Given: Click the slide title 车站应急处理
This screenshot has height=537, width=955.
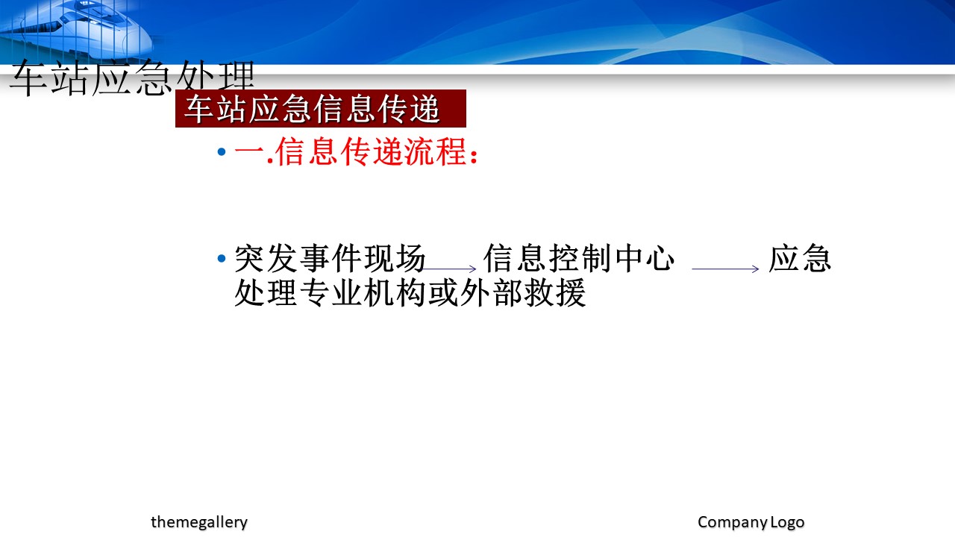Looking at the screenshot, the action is point(132,78).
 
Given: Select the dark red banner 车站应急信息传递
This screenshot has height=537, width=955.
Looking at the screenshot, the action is point(321,108).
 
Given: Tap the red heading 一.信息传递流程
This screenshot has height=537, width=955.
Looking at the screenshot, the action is point(356,151).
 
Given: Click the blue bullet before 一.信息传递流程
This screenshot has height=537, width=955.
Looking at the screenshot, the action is point(222,151).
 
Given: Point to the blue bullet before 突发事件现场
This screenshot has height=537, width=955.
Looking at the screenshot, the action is point(222,258).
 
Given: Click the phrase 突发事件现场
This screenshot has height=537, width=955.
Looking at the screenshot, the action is point(330,258).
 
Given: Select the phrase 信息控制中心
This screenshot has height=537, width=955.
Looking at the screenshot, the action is point(579,258).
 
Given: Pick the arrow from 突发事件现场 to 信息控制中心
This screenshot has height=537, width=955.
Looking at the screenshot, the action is point(449,268).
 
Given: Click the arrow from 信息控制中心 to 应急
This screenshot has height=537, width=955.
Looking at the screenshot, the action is point(725,268).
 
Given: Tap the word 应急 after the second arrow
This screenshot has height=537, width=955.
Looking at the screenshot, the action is point(800,258).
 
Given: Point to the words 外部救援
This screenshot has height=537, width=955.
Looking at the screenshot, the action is point(523,293).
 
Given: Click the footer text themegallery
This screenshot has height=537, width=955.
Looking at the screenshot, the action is point(199,522).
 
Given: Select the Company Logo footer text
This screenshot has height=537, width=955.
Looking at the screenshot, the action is point(751,522).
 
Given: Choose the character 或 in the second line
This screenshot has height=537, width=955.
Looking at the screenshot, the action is point(443,293).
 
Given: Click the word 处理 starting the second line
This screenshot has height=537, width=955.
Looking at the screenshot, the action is point(266,293).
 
